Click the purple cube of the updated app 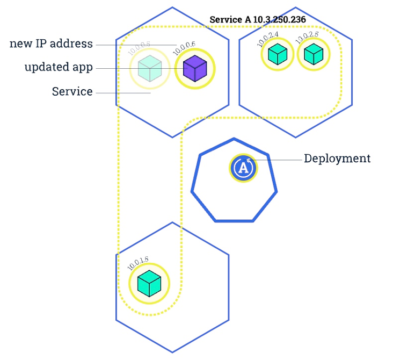[x=194, y=69]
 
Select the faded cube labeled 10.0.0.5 [x=150, y=69]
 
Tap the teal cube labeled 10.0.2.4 [x=277, y=54]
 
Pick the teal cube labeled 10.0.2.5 [x=313, y=54]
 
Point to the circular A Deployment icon [x=244, y=168]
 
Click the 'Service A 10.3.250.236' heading [x=258, y=20]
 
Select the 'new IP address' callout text [x=51, y=44]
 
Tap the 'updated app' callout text [x=59, y=67]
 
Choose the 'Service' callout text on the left [x=72, y=91]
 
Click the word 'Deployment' [x=337, y=159]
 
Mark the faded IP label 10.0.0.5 [x=139, y=49]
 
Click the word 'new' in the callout [x=20, y=44]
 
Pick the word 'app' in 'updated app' [x=83, y=68]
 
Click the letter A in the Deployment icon [x=244, y=168]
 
